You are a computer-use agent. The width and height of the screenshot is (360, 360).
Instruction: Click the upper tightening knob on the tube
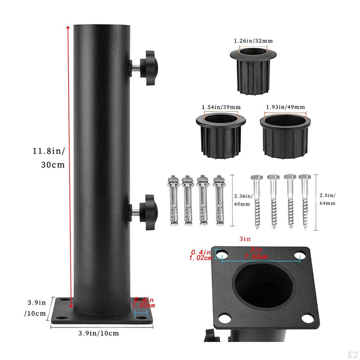pyautogui.click(x=149, y=65)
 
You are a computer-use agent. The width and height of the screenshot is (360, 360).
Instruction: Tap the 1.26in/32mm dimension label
pyautogui.click(x=253, y=41)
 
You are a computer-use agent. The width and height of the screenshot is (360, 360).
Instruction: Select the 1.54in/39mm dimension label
pyautogui.click(x=221, y=107)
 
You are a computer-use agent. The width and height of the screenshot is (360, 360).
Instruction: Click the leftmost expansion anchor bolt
pyautogui.click(x=173, y=201)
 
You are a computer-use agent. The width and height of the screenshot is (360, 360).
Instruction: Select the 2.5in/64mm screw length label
pyautogui.click(x=327, y=199)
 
